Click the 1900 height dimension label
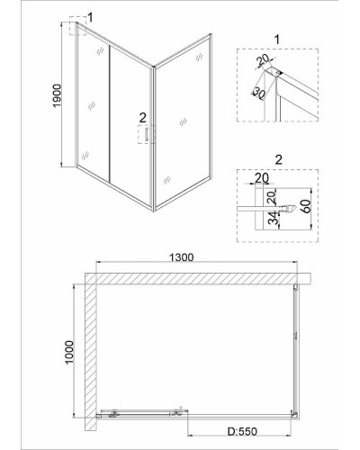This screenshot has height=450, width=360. click(x=57, y=95)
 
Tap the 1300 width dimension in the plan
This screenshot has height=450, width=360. click(x=182, y=257)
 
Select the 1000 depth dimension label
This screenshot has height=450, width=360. click(x=69, y=352)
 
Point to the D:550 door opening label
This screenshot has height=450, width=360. click(x=242, y=431)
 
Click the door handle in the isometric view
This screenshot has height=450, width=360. click(x=147, y=134)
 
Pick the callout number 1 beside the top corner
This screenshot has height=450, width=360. click(x=90, y=17)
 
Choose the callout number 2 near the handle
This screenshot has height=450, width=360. click(x=142, y=118)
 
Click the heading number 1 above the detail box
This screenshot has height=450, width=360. click(x=277, y=40)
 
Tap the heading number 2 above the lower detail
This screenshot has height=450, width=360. click(x=279, y=159)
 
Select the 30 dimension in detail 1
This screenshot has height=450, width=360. click(x=259, y=93)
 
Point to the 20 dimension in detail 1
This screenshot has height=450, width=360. click(x=264, y=60)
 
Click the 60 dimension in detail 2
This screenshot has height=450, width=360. click(x=306, y=206)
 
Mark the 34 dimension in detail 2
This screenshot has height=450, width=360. click(x=273, y=218)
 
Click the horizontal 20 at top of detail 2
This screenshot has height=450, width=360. click(x=262, y=178)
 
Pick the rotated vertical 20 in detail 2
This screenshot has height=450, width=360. click(x=271, y=198)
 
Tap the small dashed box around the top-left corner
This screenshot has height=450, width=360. click(x=77, y=26)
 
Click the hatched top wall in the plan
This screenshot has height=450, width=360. click(x=198, y=278)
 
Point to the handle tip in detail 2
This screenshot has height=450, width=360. click(x=294, y=207)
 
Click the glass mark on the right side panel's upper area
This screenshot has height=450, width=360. click(x=199, y=57)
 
